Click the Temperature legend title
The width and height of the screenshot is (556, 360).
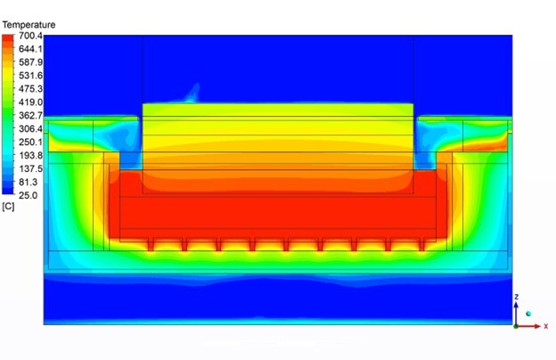tap(29, 25)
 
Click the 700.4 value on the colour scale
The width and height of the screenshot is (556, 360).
tap(30, 36)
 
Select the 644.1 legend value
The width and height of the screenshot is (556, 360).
tap(30, 49)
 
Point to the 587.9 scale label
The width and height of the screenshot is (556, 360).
tap(30, 62)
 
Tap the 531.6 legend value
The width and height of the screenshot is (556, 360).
tap(30, 76)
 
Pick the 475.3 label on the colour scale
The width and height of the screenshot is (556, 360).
tap(30, 89)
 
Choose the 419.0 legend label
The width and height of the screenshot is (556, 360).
tap(30, 102)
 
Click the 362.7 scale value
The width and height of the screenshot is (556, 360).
tap(30, 115)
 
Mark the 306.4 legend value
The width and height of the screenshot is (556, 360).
tap(30, 128)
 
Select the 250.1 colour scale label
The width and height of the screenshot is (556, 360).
tap(30, 142)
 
